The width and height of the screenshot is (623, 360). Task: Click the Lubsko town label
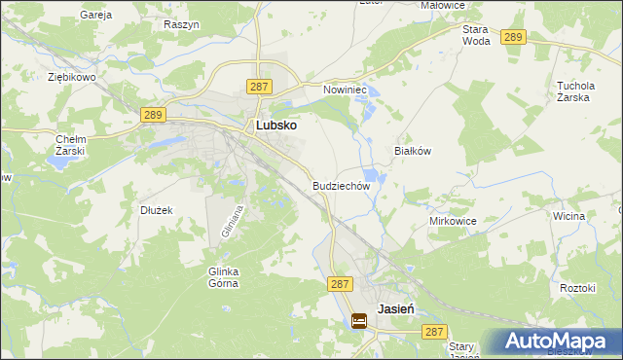point(275,126)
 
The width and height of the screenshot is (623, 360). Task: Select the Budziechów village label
point(342,185)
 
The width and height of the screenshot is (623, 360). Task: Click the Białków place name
point(412,152)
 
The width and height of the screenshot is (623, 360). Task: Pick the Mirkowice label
point(453,221)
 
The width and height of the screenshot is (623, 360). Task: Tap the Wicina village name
point(567,215)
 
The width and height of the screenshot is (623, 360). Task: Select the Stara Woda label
point(475,36)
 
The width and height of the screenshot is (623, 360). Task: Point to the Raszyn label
point(181,23)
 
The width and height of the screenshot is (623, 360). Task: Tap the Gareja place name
point(96,16)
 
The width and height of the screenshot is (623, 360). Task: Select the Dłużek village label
point(156,209)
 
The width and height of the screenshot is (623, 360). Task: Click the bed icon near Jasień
point(359,319)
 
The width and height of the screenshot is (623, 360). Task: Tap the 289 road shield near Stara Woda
point(514,37)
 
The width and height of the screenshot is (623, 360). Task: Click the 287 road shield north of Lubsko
point(259,87)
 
